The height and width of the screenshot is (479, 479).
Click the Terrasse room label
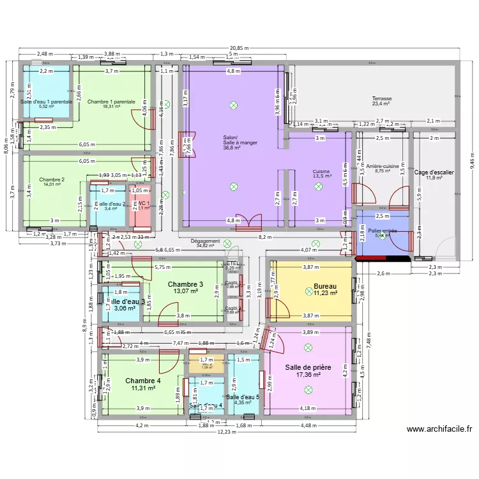(x=383, y=99)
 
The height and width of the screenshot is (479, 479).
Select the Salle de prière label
(x=308, y=367)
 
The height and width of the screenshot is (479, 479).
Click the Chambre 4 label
(x=143, y=380)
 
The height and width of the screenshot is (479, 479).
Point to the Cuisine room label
(x=321, y=172)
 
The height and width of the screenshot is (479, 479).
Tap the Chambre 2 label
(x=52, y=179)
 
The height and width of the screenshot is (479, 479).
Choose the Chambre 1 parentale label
(x=111, y=102)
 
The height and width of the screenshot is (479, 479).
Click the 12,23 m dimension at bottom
(x=220, y=432)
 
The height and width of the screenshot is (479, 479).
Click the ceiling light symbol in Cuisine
(x=319, y=186)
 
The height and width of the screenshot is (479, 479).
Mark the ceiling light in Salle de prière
(x=308, y=348)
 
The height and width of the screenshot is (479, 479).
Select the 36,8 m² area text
(x=231, y=148)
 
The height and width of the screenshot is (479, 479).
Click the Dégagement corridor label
(x=205, y=241)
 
